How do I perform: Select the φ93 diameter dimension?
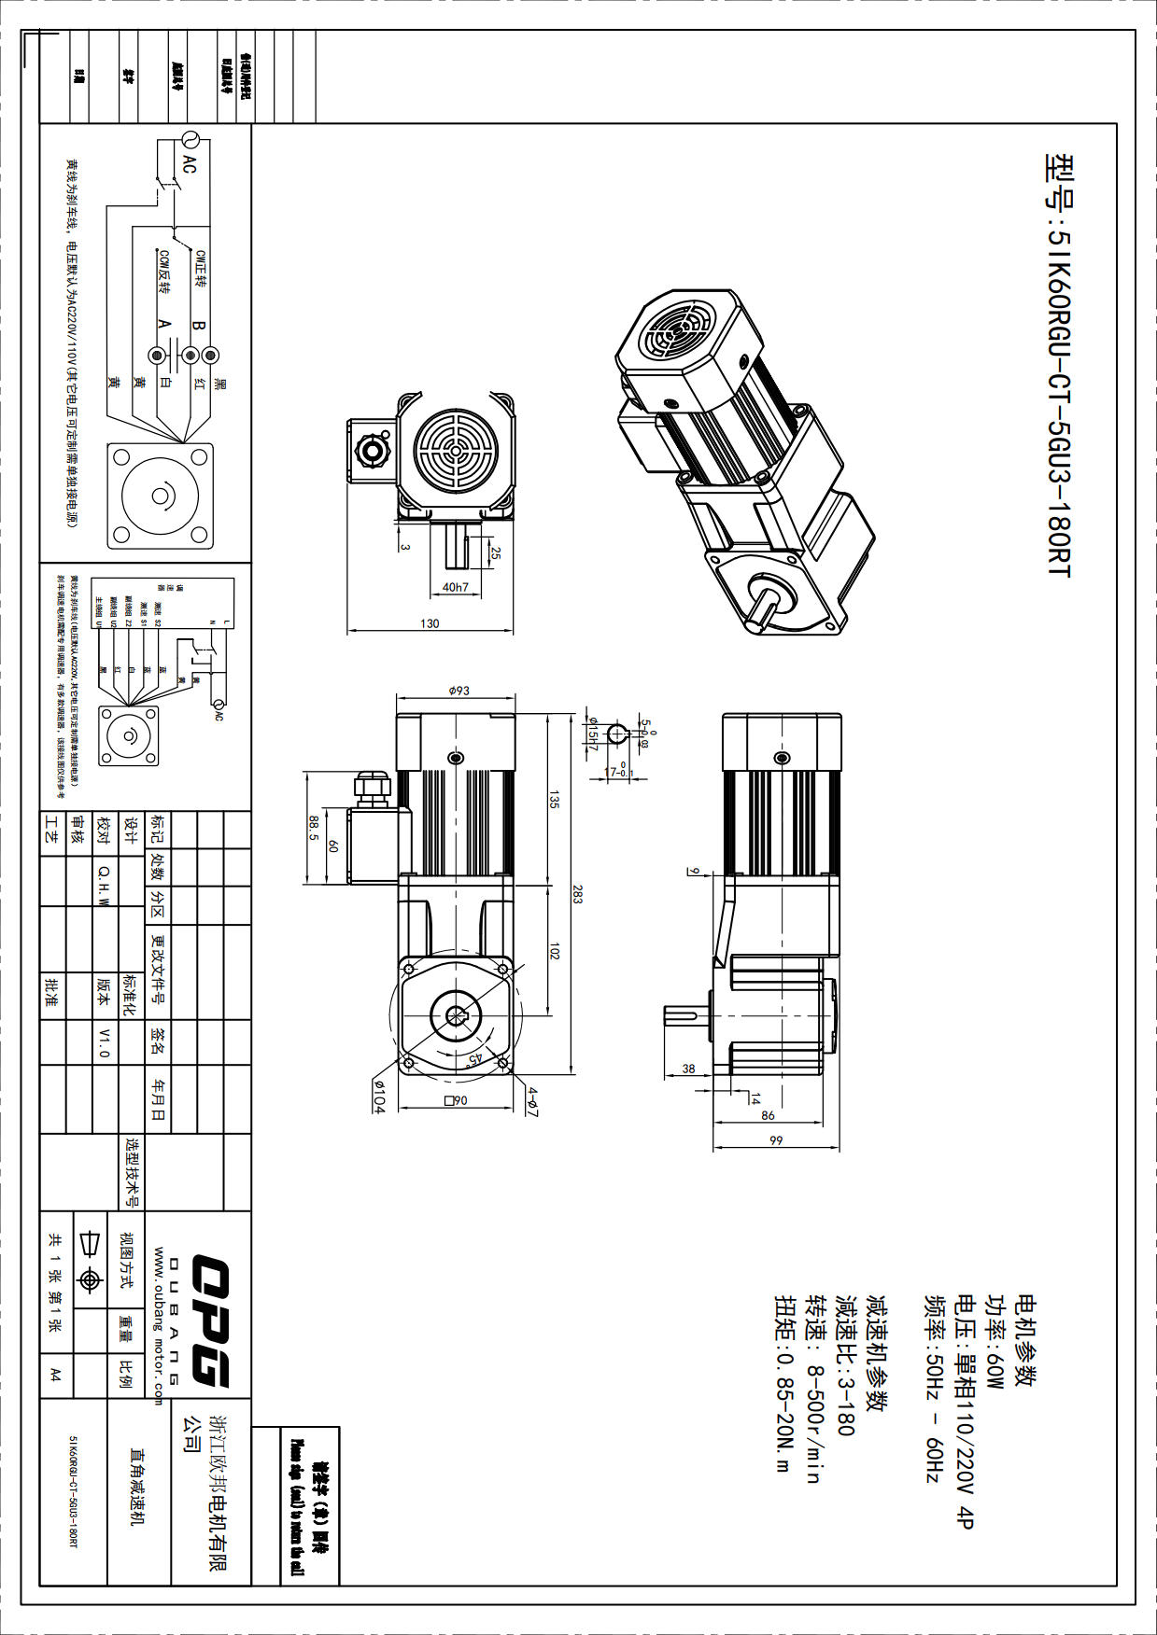click(459, 691)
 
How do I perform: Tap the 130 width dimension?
click(430, 623)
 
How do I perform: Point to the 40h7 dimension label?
click(456, 587)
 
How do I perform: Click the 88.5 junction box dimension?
click(315, 829)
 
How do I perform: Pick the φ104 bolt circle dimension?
click(379, 1096)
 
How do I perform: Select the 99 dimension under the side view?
click(776, 1140)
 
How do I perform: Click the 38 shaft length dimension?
click(689, 1069)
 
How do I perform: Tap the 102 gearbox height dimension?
click(555, 951)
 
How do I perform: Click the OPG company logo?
click(211, 1321)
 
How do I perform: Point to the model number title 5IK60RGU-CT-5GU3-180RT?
click(1059, 364)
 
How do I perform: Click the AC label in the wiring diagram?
click(190, 165)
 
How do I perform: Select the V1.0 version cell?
click(104, 1042)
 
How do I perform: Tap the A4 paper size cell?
click(55, 1374)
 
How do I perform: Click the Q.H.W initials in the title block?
click(104, 884)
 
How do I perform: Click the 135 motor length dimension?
click(555, 799)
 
